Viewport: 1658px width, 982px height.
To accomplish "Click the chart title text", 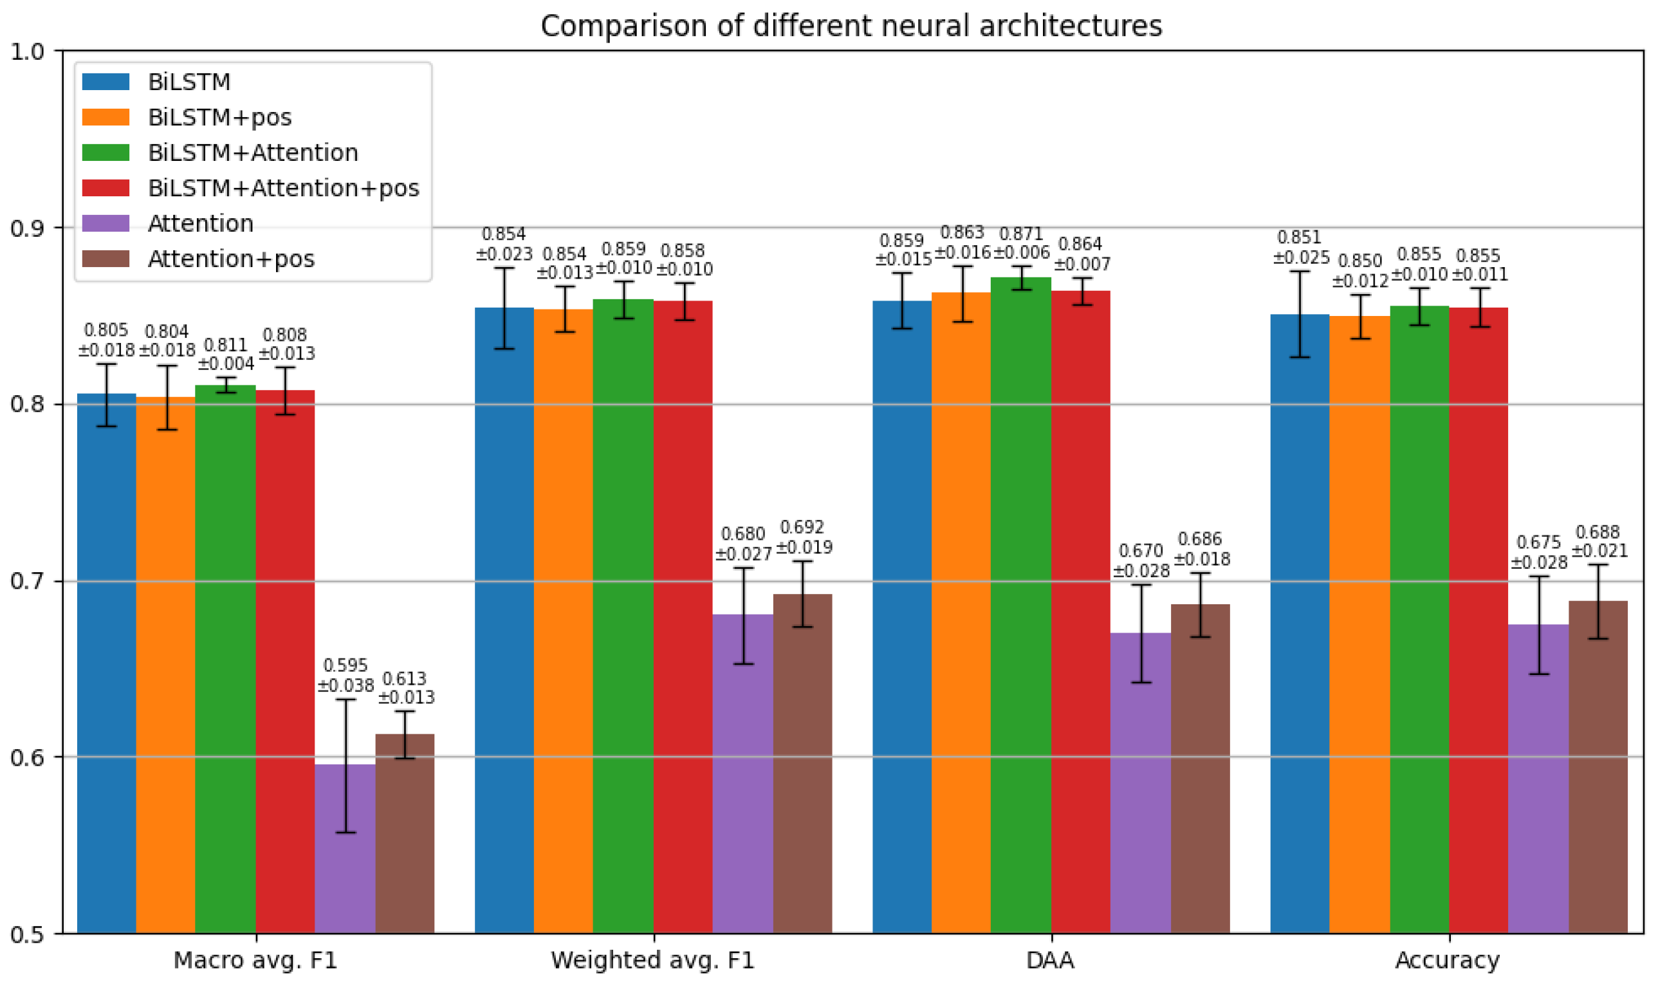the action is [851, 26].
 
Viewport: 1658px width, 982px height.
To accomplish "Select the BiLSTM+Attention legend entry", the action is [219, 153].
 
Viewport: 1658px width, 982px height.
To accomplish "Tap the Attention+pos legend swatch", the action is [106, 259].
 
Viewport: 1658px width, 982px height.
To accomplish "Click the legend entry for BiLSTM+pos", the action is [187, 117].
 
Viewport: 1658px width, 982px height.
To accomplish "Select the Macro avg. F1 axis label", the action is [255, 960].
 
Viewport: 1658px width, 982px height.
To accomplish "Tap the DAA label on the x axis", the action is [1051, 960].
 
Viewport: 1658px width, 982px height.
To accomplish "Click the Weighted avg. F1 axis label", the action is [653, 960].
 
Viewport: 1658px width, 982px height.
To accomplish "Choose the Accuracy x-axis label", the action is [1448, 960].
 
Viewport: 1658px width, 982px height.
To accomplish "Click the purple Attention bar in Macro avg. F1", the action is [345, 849].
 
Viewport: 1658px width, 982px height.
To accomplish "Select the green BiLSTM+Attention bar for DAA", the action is [1021, 606].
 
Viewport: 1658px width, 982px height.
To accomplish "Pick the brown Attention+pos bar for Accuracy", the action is [1598, 767].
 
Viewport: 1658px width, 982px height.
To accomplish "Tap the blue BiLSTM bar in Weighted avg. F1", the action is [504, 621].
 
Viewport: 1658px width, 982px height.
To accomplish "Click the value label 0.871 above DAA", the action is [1021, 234].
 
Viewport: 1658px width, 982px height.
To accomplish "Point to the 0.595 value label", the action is [345, 665].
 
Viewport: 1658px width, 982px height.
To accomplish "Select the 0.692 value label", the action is [802, 528].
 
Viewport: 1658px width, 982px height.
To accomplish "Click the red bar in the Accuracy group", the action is [1478, 621].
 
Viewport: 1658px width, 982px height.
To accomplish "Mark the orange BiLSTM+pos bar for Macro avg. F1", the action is [166, 665].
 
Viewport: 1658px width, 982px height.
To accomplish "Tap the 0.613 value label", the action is [405, 679].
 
